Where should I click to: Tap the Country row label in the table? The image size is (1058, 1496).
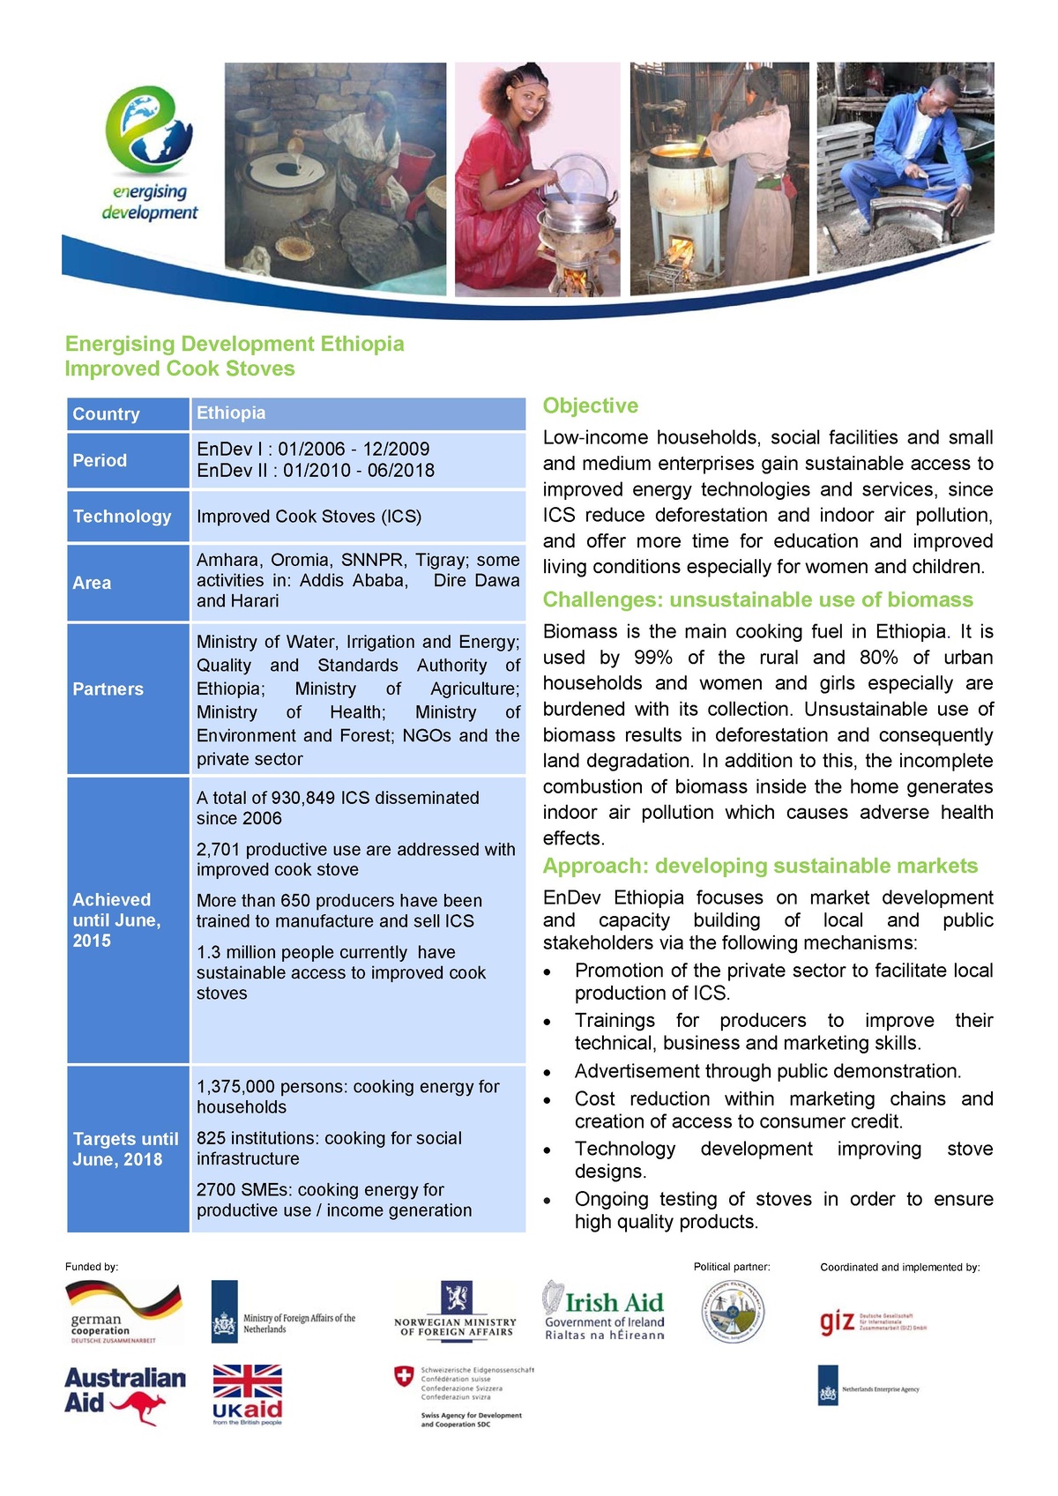tap(106, 414)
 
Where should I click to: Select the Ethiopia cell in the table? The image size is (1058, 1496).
tap(231, 413)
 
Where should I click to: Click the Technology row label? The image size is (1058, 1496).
tap(122, 517)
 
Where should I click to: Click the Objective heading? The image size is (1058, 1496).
tap(590, 406)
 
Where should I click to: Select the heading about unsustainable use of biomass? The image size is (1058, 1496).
tap(757, 599)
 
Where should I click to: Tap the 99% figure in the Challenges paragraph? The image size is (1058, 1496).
tap(652, 658)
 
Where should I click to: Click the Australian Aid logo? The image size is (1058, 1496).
tap(124, 1394)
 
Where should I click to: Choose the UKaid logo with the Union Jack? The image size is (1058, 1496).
tap(247, 1394)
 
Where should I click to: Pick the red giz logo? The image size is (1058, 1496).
tap(836, 1321)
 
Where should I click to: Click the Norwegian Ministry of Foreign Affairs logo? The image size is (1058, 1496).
tap(456, 1310)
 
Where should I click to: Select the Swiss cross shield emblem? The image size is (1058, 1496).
tap(404, 1377)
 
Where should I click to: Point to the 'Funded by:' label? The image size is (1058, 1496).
tap(92, 1267)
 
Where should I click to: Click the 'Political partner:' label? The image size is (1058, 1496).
tap(731, 1267)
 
